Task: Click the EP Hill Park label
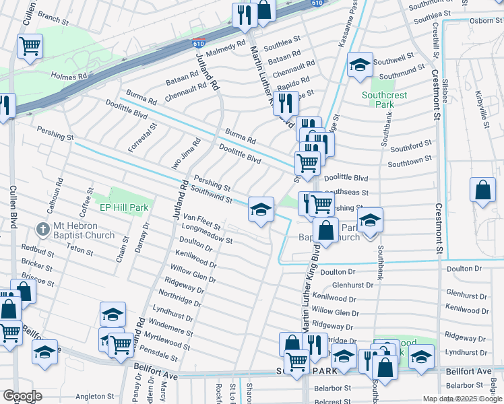[x=124, y=208]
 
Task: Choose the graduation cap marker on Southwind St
[x=261, y=209]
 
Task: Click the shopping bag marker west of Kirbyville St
[x=482, y=190]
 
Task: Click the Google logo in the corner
[x=22, y=396]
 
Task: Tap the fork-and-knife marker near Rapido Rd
[x=286, y=103]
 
